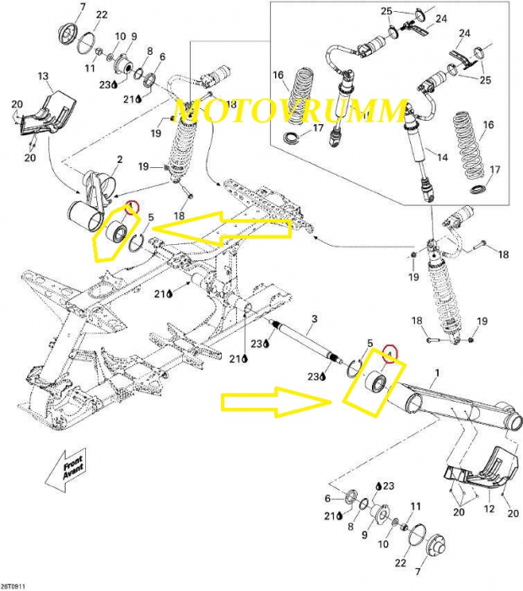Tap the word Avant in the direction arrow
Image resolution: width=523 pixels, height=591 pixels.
(x=77, y=474)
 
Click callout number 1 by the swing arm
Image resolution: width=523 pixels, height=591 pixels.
(x=437, y=372)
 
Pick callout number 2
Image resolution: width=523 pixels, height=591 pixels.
(x=120, y=159)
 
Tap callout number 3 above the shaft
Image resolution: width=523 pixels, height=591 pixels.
(x=313, y=318)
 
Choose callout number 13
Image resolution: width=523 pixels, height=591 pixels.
(x=44, y=77)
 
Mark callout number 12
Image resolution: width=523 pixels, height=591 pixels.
(x=488, y=509)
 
